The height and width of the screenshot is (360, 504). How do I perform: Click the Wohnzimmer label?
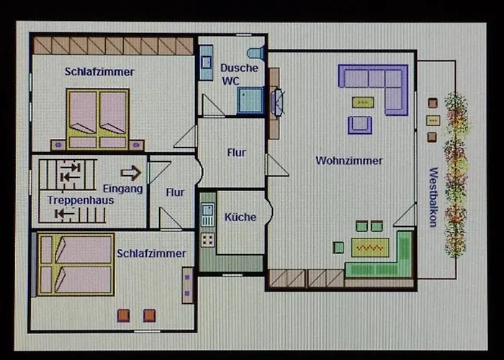pyautogui.click(x=349, y=161)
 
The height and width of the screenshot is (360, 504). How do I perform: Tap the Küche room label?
pyautogui.click(x=240, y=217)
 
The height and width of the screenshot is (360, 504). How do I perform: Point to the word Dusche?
pyautogui.click(x=235, y=67)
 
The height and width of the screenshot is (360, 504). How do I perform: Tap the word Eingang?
pyautogui.click(x=127, y=189)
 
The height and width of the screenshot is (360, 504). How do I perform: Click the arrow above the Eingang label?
pyautogui.click(x=130, y=173)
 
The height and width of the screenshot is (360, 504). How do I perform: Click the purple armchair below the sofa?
pyautogui.click(x=360, y=125)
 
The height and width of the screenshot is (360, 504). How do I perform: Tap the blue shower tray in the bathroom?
pyautogui.click(x=251, y=100)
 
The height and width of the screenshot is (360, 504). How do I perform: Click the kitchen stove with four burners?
pyautogui.click(x=208, y=238)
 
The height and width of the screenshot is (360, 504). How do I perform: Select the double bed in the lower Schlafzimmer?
pyautogui.click(x=76, y=264)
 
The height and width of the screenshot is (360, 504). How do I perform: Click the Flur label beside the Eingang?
pyautogui.click(x=175, y=192)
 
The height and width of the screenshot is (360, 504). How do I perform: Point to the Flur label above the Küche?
pyautogui.click(x=236, y=153)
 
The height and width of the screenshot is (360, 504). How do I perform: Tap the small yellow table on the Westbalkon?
pyautogui.click(x=433, y=120)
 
